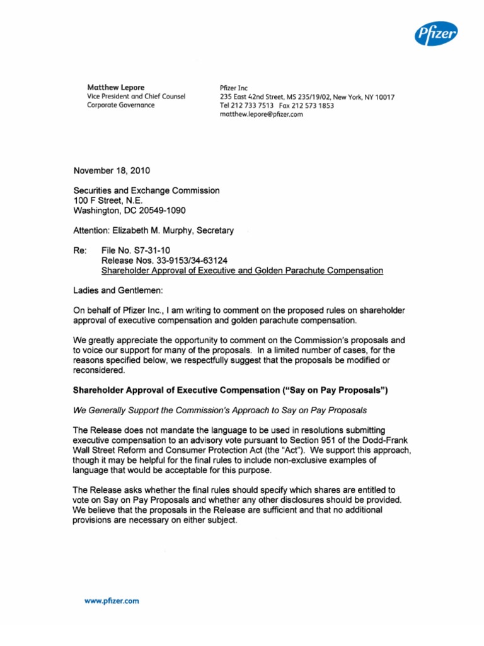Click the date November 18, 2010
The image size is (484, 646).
coord(112,170)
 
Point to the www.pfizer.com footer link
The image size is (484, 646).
coord(112,601)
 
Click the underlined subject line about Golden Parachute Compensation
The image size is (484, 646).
coord(242,271)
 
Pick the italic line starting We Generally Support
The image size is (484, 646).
coord(220,411)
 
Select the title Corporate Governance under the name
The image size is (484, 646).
coord(120,105)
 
